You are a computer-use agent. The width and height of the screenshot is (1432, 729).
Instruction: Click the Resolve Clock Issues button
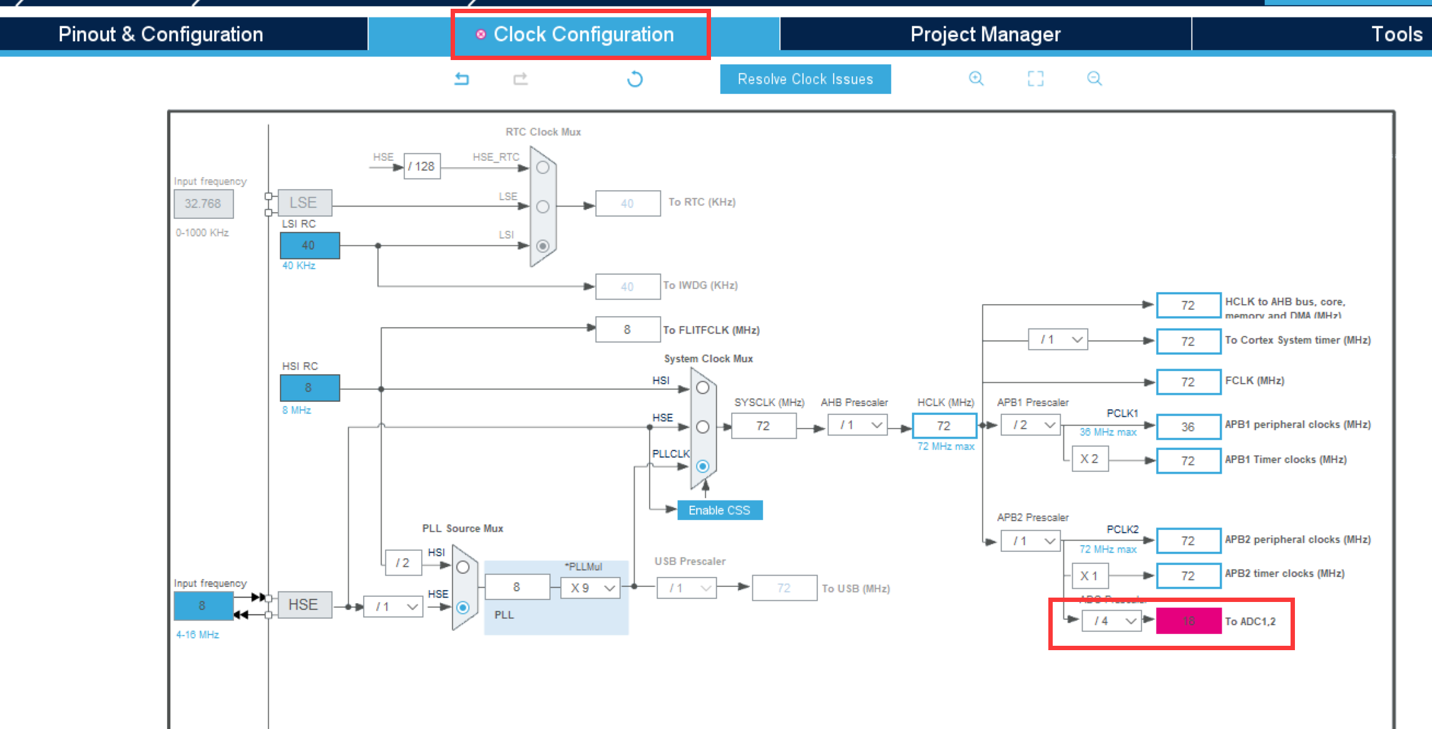point(805,79)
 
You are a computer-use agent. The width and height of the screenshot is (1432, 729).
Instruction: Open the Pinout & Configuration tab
point(161,34)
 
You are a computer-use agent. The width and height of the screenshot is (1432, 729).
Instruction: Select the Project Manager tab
point(985,34)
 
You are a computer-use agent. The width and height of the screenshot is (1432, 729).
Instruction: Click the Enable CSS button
point(719,510)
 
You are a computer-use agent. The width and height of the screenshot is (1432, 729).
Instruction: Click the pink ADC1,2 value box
point(1188,621)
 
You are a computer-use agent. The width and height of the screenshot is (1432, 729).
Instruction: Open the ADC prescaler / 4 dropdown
point(1112,621)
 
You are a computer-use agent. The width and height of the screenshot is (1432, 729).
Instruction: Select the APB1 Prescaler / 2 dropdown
point(1030,425)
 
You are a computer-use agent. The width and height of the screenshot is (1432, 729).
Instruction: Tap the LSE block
point(304,203)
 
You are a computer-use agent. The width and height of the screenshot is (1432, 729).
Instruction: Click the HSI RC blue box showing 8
point(309,388)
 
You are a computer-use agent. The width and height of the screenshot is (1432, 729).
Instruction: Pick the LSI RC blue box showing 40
point(309,245)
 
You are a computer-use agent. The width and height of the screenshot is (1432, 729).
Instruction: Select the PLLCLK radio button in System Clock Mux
point(702,466)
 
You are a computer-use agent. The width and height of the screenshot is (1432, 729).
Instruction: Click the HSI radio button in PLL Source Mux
point(463,568)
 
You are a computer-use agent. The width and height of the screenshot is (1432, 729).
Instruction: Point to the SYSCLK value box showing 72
point(763,426)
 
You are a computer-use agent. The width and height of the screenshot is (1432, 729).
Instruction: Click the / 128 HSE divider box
point(422,166)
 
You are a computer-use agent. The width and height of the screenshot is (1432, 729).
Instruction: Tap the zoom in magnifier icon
point(976,79)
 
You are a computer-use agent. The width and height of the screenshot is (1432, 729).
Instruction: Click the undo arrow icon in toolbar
point(462,79)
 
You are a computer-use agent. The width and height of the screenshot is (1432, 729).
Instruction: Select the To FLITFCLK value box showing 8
point(627,330)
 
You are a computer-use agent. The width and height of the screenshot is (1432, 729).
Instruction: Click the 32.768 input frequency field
point(203,204)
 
